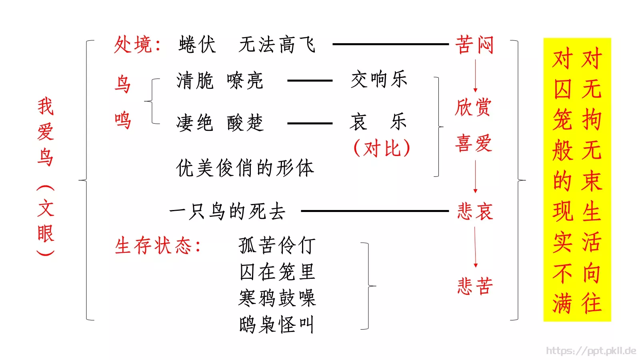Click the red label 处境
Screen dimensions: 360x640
pos(134,44)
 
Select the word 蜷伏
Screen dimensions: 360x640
pos(197,44)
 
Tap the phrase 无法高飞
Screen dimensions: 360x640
pos(277,44)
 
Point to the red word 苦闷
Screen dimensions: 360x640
pos(474,44)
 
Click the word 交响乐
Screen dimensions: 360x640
pos(379,79)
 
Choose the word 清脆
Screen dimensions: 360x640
pos(195,80)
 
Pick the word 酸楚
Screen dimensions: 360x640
pos(245,122)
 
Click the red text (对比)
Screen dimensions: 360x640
pos(382,148)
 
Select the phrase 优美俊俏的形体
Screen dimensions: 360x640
pos(245,168)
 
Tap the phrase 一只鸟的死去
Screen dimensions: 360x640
pos(227,211)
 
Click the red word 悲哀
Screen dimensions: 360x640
pos(475,211)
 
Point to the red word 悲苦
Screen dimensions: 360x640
pos(475,286)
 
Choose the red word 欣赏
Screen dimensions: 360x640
pos(473,107)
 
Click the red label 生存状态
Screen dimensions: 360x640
pos(154,246)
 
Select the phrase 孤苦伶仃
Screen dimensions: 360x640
pos(277,245)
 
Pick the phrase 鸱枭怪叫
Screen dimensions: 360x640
pos(277,324)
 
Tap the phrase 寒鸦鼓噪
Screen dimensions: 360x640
pos(277,298)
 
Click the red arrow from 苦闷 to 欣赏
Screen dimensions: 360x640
pos(475,76)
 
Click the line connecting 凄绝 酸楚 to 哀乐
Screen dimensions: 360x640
pos(310,123)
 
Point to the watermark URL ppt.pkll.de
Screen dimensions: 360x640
pos(591,351)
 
